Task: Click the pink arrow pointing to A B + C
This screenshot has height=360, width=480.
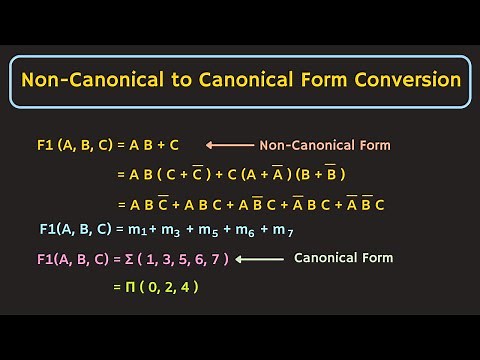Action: [x=233, y=146]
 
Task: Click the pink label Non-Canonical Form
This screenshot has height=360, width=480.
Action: [x=324, y=146]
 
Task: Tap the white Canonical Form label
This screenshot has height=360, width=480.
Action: [x=343, y=258]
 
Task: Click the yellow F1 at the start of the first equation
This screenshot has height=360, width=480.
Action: [x=45, y=146]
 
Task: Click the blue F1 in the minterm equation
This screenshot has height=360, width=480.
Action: [x=44, y=231]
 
